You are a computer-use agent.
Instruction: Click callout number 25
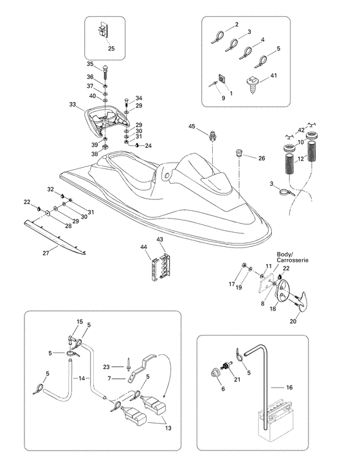coord(111,48)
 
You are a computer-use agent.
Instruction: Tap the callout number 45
coord(192,127)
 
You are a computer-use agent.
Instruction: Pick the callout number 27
coord(46,253)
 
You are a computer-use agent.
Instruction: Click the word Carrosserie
coord(292,260)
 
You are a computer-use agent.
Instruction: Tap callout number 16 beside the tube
coord(289,387)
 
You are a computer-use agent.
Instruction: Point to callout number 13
coord(168,428)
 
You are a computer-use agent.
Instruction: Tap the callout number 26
coord(262,158)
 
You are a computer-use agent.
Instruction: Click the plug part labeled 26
coord(239,154)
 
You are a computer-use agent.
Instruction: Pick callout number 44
coord(144,247)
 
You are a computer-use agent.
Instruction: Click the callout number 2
coord(237,24)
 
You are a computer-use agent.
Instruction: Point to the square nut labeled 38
coord(105,147)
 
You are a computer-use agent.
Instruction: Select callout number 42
coord(301,130)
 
